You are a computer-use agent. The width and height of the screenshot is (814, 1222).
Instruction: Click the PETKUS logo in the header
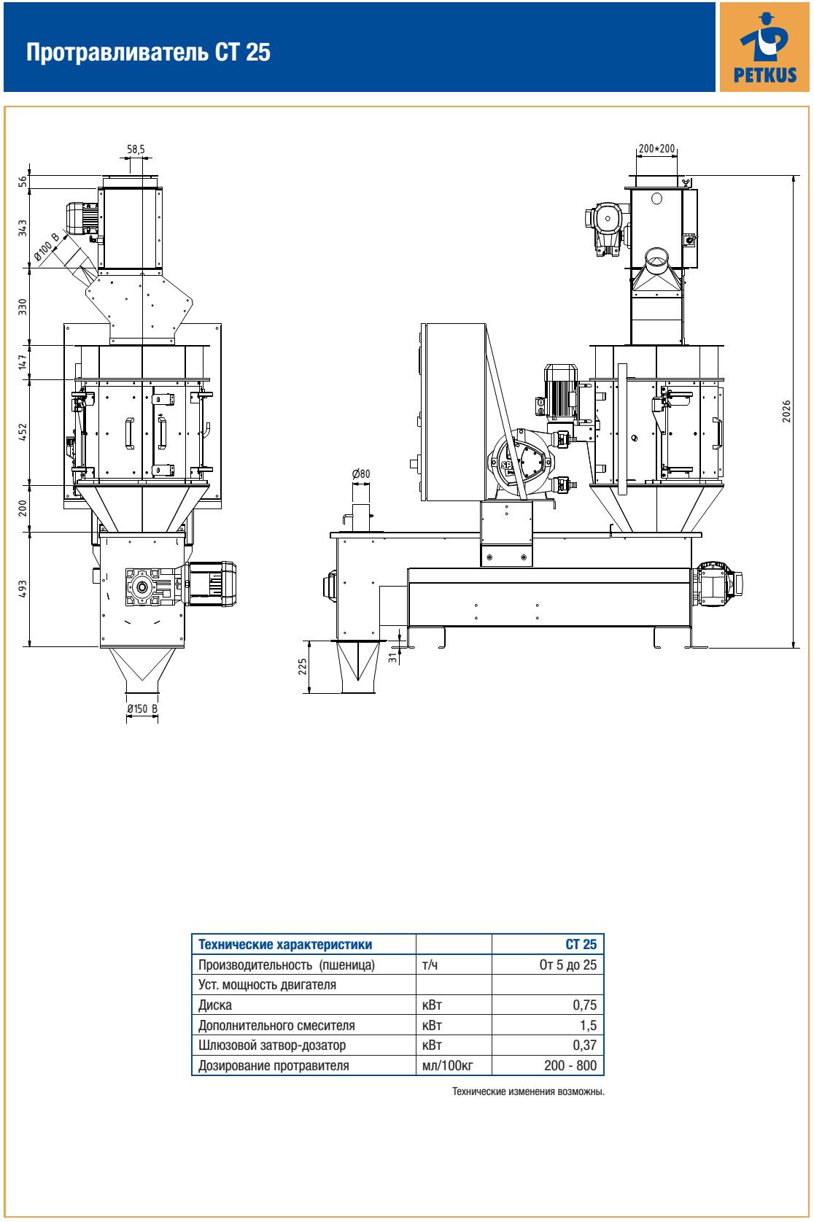(x=764, y=47)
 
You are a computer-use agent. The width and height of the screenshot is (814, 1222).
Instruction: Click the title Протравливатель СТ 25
(x=148, y=53)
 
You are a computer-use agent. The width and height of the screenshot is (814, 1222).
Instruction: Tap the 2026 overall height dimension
(x=786, y=411)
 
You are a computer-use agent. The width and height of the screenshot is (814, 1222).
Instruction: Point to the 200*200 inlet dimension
(x=657, y=148)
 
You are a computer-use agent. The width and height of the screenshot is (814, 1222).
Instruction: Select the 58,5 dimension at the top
(x=136, y=149)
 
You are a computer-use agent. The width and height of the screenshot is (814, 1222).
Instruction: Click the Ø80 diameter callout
(x=361, y=473)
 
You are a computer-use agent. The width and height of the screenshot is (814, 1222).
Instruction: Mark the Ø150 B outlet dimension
(x=142, y=708)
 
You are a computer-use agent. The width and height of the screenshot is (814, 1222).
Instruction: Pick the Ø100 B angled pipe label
(x=46, y=246)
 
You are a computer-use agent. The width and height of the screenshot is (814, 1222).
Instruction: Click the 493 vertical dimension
(x=23, y=589)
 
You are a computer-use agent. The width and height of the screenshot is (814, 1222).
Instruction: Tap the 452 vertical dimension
(x=23, y=432)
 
